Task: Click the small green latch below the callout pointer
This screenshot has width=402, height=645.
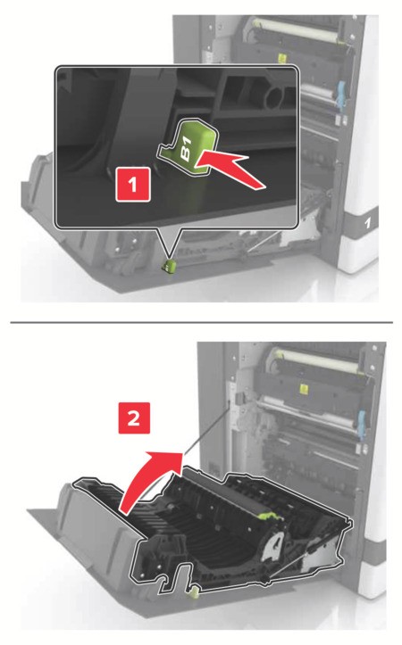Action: coord(166,265)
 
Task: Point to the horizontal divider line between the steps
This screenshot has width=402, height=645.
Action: coord(201,321)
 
